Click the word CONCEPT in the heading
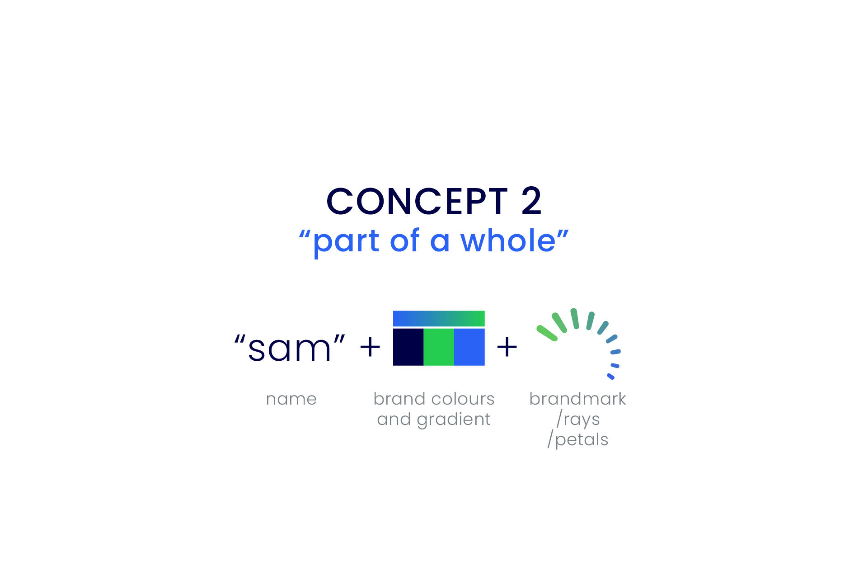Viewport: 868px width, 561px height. (417, 201)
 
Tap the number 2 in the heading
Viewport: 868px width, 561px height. (531, 201)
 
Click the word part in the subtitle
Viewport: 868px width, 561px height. (346, 242)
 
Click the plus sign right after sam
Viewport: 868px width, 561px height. (370, 347)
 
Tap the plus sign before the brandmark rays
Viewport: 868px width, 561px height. (507, 347)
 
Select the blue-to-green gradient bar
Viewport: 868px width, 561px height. (439, 318)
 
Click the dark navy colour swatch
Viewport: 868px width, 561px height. (408, 347)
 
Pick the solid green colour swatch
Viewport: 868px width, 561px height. (439, 347)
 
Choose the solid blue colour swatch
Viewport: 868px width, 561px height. (469, 347)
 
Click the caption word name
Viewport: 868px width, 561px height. (291, 399)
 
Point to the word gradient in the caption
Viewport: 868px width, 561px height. (454, 420)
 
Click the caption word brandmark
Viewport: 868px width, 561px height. (577, 399)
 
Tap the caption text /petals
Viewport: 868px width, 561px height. (578, 439)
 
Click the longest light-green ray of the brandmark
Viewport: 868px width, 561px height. (547, 333)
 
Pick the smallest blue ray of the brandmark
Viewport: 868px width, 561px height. (610, 376)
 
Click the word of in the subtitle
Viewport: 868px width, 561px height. (405, 240)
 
